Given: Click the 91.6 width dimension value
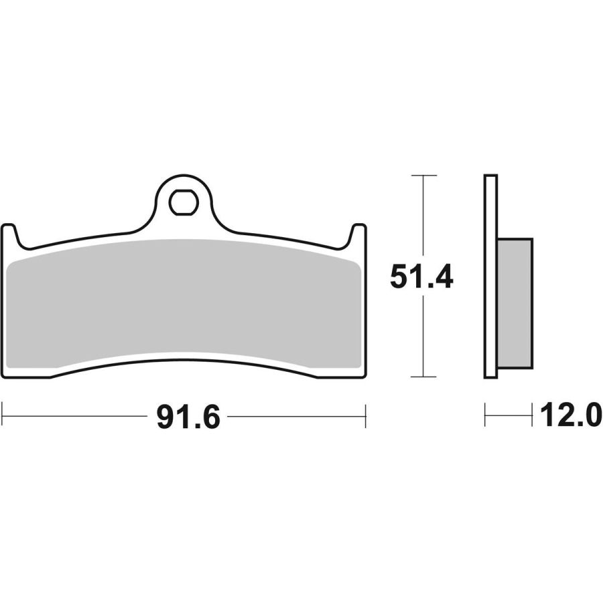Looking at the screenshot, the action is [x=188, y=417].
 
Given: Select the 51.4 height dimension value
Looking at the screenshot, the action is [x=421, y=276].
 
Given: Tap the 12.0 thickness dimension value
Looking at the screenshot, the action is [x=571, y=415].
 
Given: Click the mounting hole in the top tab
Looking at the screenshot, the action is [x=183, y=202].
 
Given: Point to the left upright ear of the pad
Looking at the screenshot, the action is [x=9, y=235].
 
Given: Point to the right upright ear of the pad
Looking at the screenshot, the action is [x=358, y=235].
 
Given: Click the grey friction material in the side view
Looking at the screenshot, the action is [x=515, y=303].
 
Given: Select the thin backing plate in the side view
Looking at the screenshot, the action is [x=490, y=277].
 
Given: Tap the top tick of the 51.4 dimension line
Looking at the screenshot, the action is [x=423, y=176].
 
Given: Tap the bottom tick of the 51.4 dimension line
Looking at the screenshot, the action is [x=423, y=377].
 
